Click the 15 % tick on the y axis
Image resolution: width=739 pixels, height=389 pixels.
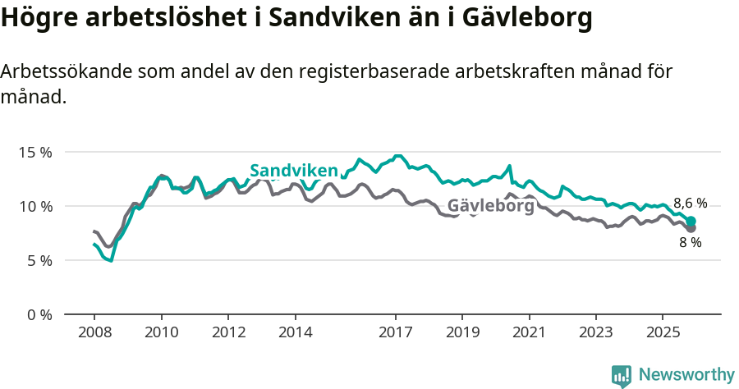click(x=34, y=152)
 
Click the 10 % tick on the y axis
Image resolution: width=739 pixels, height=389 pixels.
click(x=34, y=206)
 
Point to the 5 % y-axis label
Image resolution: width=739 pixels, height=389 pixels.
click(x=38, y=260)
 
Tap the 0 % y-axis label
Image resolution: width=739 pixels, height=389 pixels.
click(x=38, y=314)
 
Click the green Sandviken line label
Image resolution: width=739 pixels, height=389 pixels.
click(x=294, y=171)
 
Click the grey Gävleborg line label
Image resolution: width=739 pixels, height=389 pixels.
click(x=490, y=206)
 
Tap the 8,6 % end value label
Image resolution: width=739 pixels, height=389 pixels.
click(x=690, y=204)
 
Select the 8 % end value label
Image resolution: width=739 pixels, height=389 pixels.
click(x=690, y=243)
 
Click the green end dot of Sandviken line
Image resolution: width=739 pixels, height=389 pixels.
click(x=691, y=221)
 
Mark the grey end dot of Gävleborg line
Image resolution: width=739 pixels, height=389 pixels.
click(x=691, y=228)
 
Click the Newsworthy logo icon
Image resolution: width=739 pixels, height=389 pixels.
click(x=622, y=376)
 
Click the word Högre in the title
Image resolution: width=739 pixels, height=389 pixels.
click(x=36, y=18)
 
